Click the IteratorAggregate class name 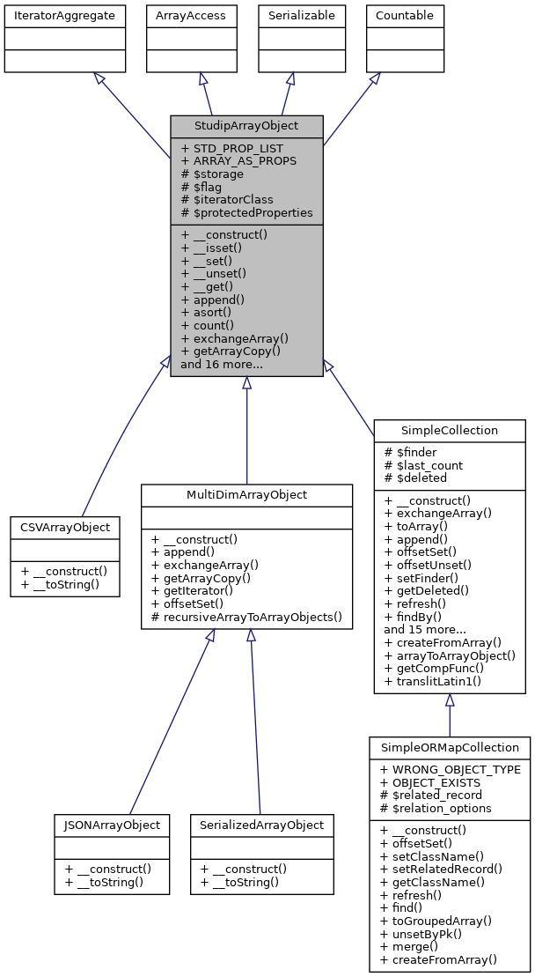[x=65, y=15]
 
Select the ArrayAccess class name [x=190, y=15]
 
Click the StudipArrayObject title [x=246, y=125]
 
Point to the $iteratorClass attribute [x=227, y=200]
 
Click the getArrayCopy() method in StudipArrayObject [x=235, y=351]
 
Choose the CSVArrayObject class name [x=65, y=528]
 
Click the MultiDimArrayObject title [x=246, y=495]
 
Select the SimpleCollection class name [x=449, y=431]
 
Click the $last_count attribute [x=423, y=465]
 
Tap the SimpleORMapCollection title [x=449, y=747]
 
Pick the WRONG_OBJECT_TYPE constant [x=450, y=770]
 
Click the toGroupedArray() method [x=435, y=919]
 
